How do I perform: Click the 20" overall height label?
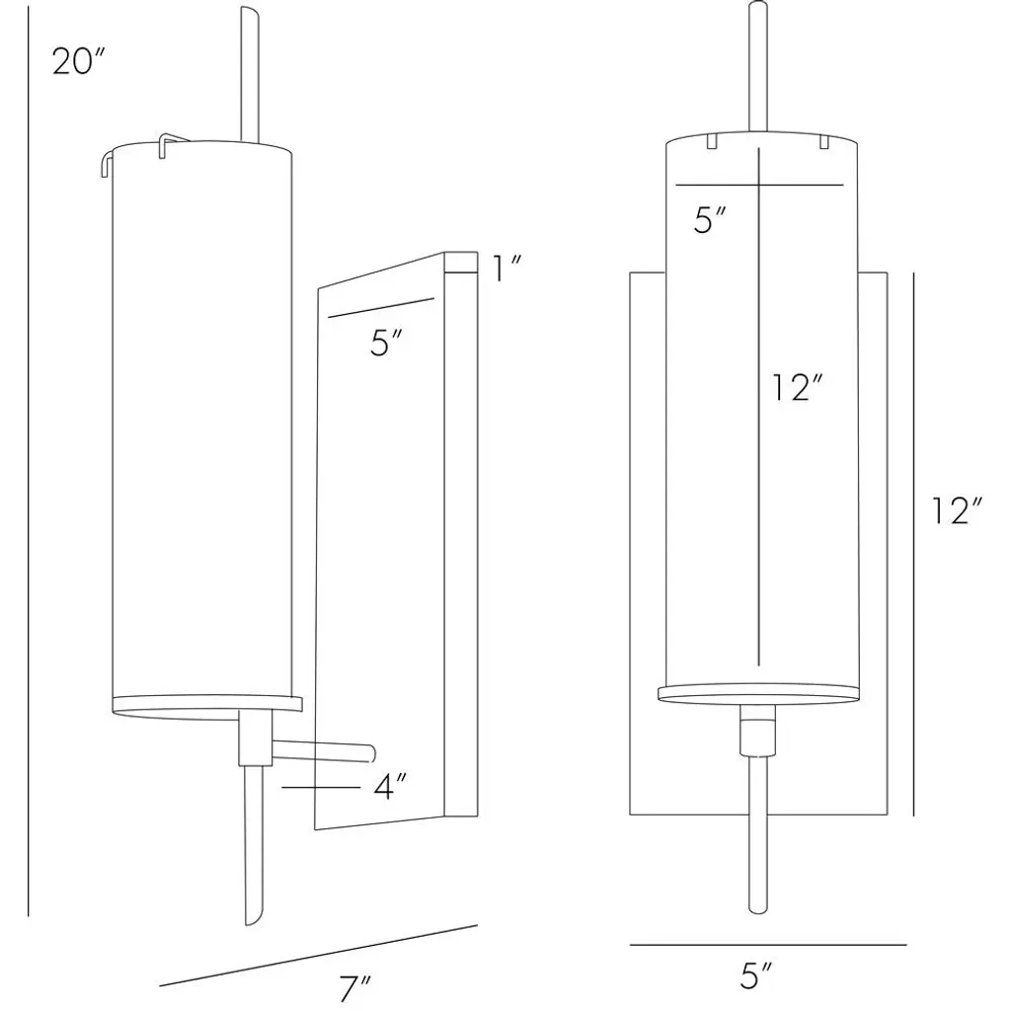click(x=77, y=62)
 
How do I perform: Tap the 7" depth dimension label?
click(x=355, y=987)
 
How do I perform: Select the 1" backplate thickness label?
click(x=506, y=268)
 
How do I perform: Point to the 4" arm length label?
click(x=390, y=787)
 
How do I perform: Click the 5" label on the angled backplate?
click(x=387, y=343)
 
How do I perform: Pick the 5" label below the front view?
click(x=755, y=975)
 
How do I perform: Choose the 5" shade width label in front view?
click(x=711, y=220)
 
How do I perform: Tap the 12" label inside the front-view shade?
click(x=799, y=387)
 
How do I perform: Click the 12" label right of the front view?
click(x=956, y=511)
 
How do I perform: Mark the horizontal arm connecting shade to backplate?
click(x=324, y=751)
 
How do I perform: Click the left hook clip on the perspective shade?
click(x=108, y=162)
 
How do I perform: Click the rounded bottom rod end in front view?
click(x=757, y=908)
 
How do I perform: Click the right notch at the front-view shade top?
click(x=824, y=141)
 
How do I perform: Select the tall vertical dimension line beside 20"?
click(x=29, y=460)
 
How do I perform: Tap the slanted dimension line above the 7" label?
click(x=319, y=955)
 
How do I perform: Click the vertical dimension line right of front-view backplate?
click(x=913, y=544)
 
